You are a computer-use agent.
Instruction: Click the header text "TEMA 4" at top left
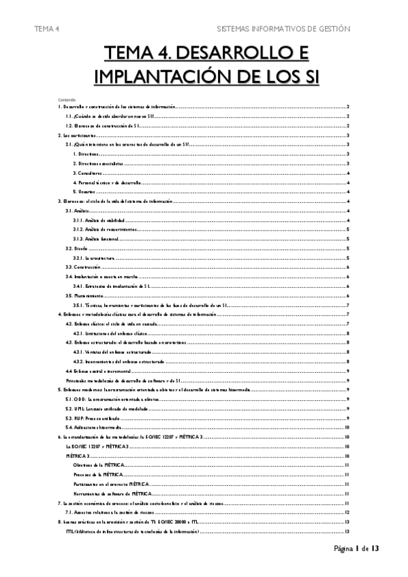[48, 29]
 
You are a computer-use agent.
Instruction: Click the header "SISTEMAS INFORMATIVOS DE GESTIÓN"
[283, 29]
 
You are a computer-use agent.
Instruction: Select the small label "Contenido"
[67, 99]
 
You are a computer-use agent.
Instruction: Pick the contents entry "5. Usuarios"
[87, 193]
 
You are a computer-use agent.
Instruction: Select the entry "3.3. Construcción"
[82, 268]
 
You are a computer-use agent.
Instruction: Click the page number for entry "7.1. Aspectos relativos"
[347, 511]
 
